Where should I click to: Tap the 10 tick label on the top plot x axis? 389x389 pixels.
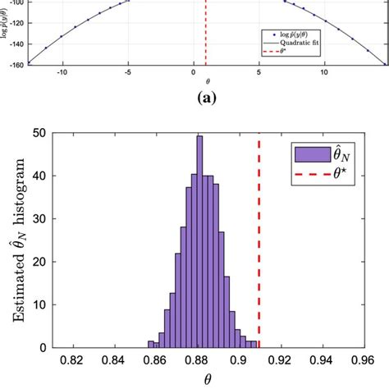click(x=324, y=72)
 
